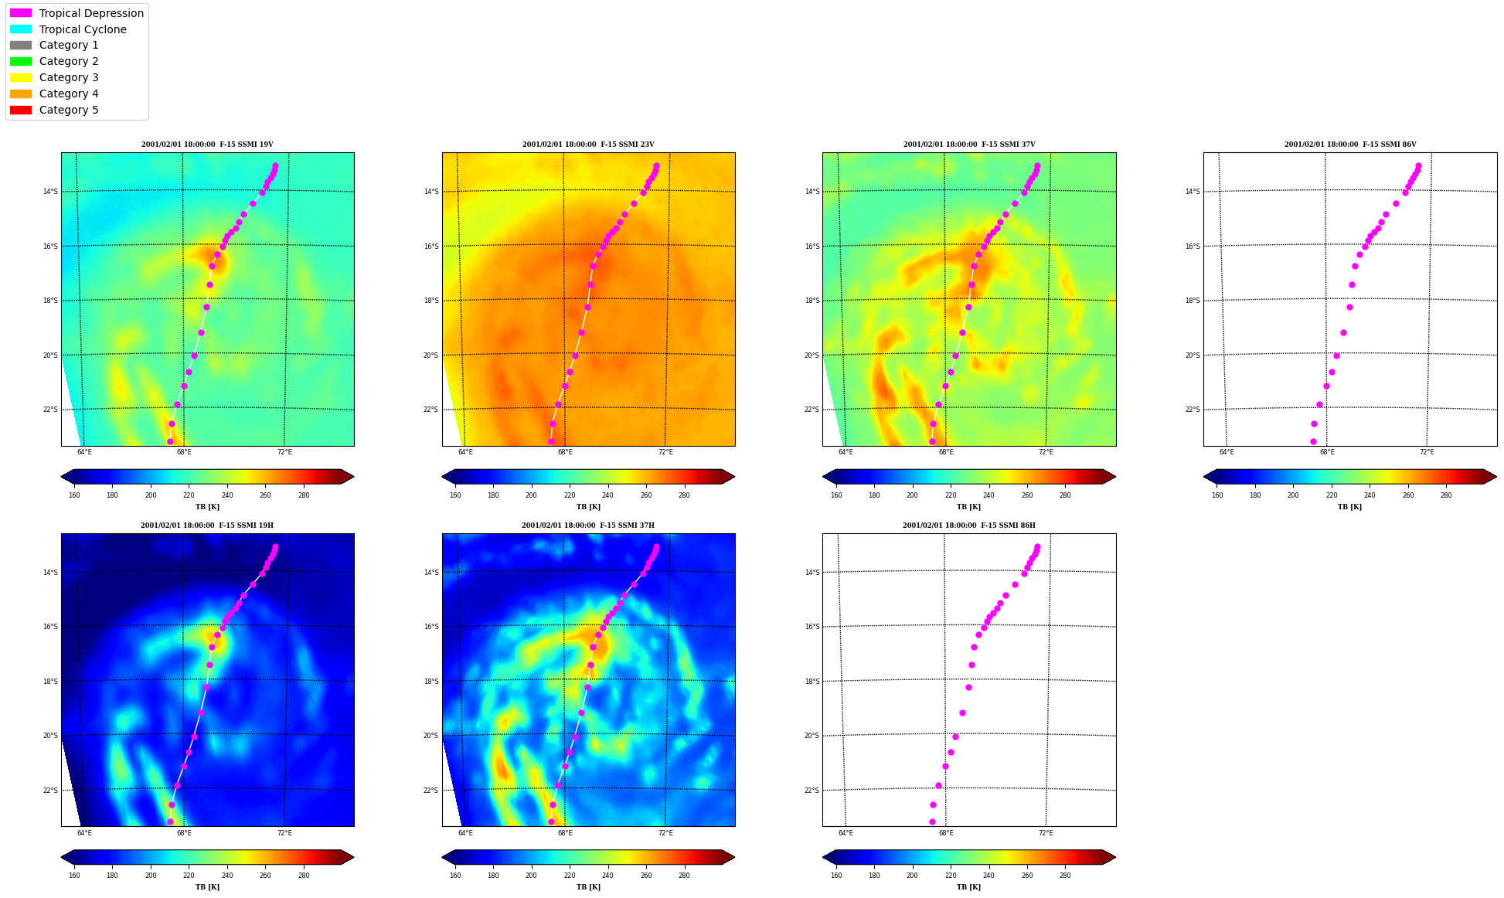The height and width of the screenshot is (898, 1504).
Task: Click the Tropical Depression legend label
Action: tap(91, 13)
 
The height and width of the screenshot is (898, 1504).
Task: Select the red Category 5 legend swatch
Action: tap(21, 110)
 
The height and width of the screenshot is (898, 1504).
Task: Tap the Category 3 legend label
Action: tap(69, 77)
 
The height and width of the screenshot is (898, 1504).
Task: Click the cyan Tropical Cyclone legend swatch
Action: tap(21, 29)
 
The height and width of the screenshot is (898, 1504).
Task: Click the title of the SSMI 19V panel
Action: tap(207, 145)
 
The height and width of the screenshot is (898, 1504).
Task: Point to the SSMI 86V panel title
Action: tap(1350, 145)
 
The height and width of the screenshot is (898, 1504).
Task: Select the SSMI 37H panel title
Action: tap(588, 526)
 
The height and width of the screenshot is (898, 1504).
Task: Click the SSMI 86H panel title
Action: tap(969, 526)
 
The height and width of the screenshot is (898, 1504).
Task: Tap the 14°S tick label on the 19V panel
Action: tap(50, 192)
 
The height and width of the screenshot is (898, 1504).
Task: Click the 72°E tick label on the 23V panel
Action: tap(665, 452)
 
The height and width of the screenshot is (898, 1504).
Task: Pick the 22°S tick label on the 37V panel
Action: tap(812, 410)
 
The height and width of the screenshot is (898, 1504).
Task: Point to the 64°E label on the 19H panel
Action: tap(84, 833)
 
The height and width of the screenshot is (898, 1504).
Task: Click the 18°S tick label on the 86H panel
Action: tap(812, 682)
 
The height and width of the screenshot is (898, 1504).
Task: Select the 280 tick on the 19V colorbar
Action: tap(304, 495)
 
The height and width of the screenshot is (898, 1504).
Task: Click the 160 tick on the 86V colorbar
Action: tap(1217, 495)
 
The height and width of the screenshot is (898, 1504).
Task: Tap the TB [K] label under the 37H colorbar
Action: tap(588, 887)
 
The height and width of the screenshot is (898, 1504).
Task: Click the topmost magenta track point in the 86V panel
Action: tap(1418, 165)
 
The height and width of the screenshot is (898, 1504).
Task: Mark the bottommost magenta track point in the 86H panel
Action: tap(932, 821)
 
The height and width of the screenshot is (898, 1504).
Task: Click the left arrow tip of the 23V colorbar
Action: tap(442, 477)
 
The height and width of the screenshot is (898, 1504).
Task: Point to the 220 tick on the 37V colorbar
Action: tap(951, 495)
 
